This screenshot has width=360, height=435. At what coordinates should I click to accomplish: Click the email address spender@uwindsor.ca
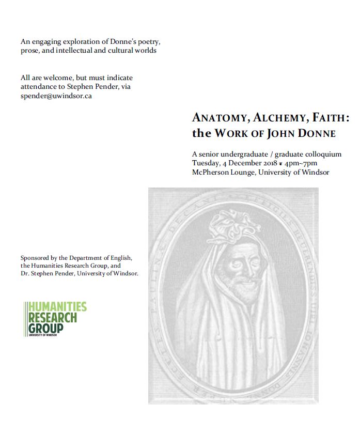point(56,96)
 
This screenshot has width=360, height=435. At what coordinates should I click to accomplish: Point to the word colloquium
point(322,154)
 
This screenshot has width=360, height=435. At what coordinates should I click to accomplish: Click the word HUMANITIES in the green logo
point(58,307)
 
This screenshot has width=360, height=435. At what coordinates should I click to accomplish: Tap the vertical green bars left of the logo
point(25,318)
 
